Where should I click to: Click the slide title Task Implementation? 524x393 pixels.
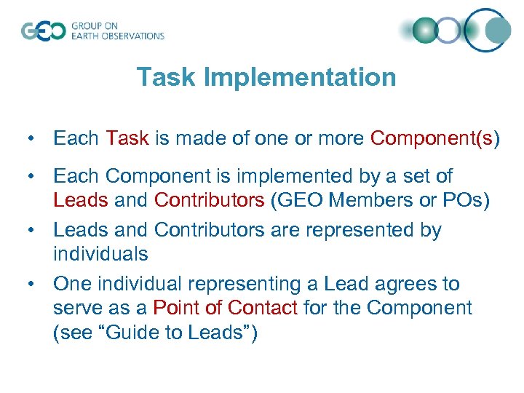point(266,77)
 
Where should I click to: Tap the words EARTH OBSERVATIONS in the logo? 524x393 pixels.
point(117,36)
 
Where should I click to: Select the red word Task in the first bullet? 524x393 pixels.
point(127,138)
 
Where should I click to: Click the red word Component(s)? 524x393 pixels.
point(435,138)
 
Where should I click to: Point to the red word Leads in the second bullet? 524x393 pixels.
point(79,200)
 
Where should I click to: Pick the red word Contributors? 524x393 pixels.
point(210,200)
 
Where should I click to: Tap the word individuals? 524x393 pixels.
point(100,254)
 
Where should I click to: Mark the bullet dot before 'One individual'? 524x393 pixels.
point(32,284)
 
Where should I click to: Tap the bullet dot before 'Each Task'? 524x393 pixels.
point(32,138)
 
